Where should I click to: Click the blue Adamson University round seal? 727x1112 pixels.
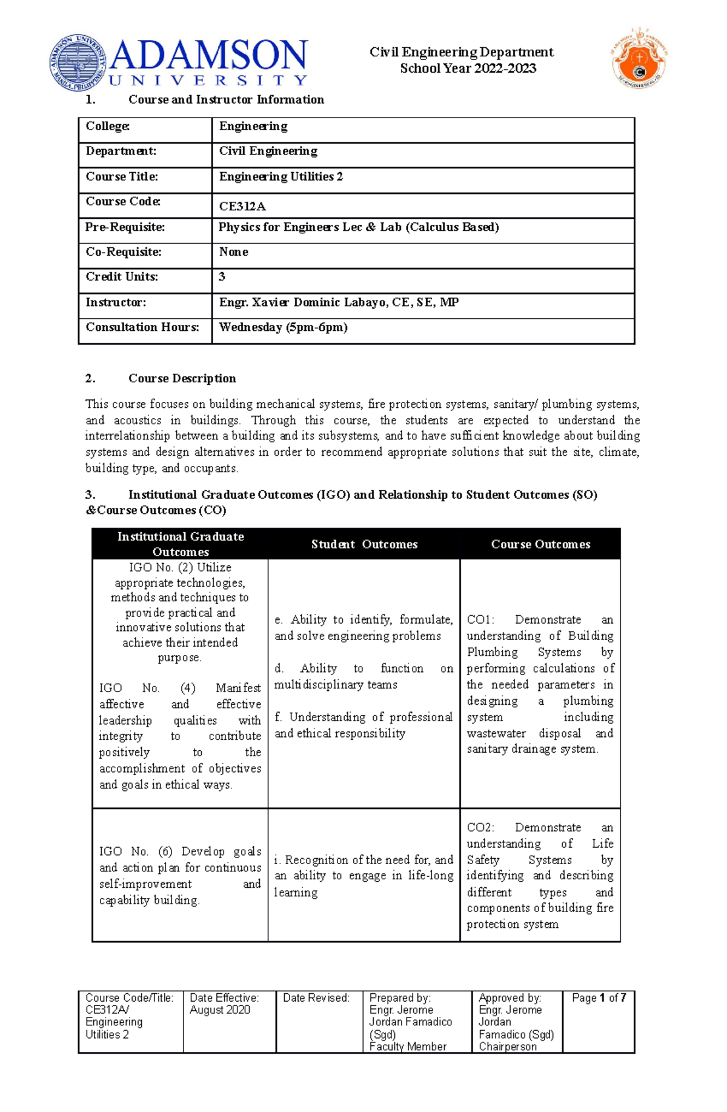pyautogui.click(x=78, y=63)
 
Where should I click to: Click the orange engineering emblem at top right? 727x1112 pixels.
pyautogui.click(x=639, y=58)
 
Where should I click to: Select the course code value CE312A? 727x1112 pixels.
pyautogui.click(x=242, y=206)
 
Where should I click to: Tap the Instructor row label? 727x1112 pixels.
pyautogui.click(x=116, y=302)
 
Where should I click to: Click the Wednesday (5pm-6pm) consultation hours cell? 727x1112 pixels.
pyautogui.click(x=283, y=327)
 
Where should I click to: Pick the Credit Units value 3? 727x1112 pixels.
pyautogui.click(x=222, y=276)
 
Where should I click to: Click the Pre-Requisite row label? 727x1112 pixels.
pyautogui.click(x=125, y=227)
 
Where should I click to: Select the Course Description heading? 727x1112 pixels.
pyautogui.click(x=182, y=378)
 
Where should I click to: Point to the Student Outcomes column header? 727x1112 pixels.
pyautogui.click(x=364, y=544)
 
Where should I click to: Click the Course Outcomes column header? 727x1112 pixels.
pyautogui.click(x=540, y=544)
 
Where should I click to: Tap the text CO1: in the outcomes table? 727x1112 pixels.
pyautogui.click(x=480, y=619)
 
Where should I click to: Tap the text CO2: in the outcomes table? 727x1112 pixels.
pyautogui.click(x=480, y=827)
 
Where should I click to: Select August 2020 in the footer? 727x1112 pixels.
pyautogui.click(x=219, y=1010)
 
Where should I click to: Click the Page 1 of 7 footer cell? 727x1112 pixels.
pyautogui.click(x=599, y=998)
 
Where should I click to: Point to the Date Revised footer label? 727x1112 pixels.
pyautogui.click(x=316, y=998)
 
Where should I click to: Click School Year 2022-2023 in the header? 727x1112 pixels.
pyautogui.click(x=468, y=68)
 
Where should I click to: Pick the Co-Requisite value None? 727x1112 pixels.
pyautogui.click(x=233, y=251)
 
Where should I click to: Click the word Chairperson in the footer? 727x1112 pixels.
pyautogui.click(x=507, y=1047)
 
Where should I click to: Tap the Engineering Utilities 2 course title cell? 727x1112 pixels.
pyautogui.click(x=281, y=176)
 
